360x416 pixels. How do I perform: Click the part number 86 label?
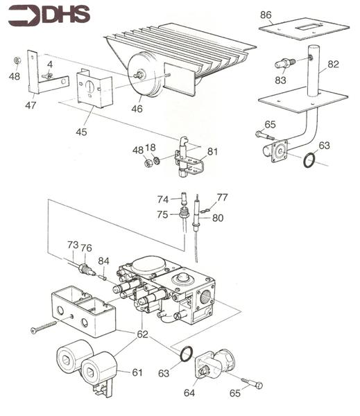click(x=266, y=15)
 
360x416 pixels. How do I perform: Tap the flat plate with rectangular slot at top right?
click(x=304, y=28)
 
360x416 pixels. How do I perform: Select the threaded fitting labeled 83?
click(x=285, y=63)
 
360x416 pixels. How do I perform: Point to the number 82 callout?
click(x=333, y=64)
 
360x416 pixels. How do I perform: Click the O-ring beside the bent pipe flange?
click(x=309, y=160)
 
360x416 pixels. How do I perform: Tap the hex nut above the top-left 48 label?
click(x=17, y=61)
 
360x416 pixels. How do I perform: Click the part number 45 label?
click(x=81, y=132)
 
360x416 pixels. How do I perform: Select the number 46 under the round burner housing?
click(x=137, y=109)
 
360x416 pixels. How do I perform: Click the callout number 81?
click(x=212, y=152)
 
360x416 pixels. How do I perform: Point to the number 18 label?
click(x=151, y=148)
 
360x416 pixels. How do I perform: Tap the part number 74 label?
click(x=163, y=200)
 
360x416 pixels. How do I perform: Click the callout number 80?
click(x=218, y=218)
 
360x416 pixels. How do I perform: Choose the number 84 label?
click(x=103, y=261)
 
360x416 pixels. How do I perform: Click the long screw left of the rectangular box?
click(x=44, y=327)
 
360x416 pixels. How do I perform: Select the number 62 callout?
click(x=142, y=334)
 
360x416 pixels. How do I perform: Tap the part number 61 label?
click(x=137, y=373)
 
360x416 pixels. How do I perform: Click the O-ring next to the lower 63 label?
click(x=186, y=354)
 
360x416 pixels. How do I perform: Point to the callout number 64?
click(x=189, y=393)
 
